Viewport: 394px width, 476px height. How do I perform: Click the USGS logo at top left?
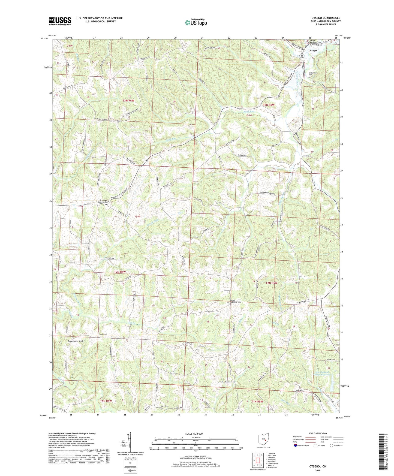[60, 21]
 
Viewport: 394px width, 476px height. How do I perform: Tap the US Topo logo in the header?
[196, 22]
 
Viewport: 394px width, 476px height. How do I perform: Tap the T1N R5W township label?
[257, 401]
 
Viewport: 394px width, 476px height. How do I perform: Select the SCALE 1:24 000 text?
[196, 433]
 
